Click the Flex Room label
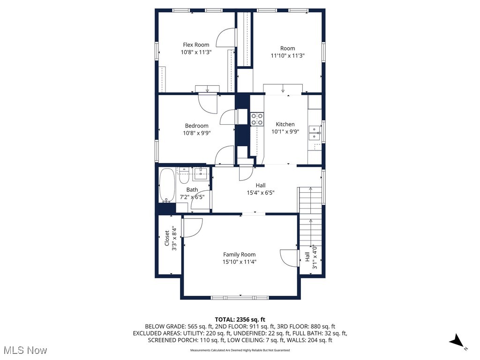click(196, 45)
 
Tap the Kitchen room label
click(285, 124)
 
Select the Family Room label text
click(239, 255)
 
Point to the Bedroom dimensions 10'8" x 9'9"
click(197, 133)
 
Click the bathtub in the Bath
click(167, 185)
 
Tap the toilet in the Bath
click(184, 176)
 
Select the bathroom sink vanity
click(201, 174)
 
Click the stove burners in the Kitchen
click(257, 119)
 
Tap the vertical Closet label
click(167, 238)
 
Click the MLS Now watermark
click(26, 350)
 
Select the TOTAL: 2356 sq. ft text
click(240, 320)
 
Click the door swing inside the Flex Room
click(226, 37)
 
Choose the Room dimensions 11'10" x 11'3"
click(288, 56)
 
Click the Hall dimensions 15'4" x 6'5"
click(261, 193)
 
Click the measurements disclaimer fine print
click(240, 350)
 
